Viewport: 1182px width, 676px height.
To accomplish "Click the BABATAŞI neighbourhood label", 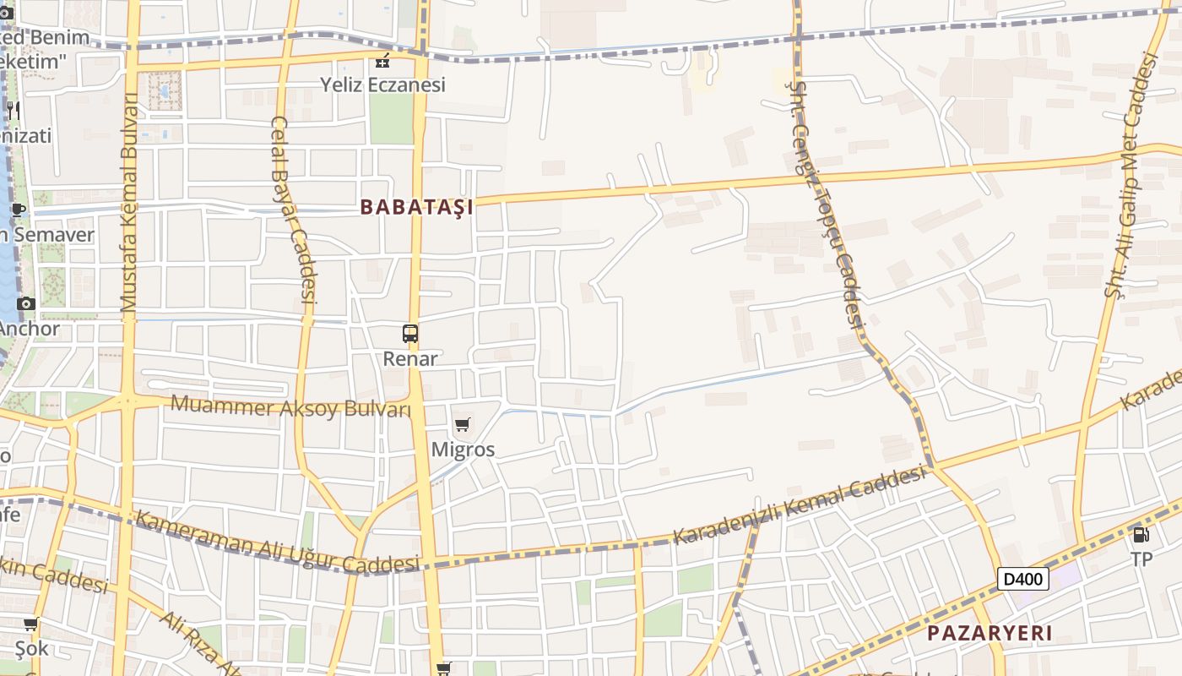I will pyautogui.click(x=416, y=207).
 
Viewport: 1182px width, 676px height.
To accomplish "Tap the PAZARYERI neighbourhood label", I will pyautogui.click(x=990, y=633).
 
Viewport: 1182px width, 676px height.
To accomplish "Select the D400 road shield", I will pyautogui.click(x=1023, y=579).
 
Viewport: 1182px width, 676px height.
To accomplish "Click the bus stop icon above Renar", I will pyautogui.click(x=410, y=334).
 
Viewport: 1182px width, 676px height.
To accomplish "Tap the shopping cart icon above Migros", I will pyautogui.click(x=462, y=425).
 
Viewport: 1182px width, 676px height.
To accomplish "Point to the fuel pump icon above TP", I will pyautogui.click(x=1141, y=534).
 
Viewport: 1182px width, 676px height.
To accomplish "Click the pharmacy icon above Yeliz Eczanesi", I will pyautogui.click(x=382, y=61).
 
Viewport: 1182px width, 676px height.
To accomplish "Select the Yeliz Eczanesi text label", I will pyautogui.click(x=382, y=84).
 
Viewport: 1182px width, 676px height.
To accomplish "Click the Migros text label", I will pyautogui.click(x=463, y=450).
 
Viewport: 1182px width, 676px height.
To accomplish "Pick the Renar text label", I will pyautogui.click(x=410, y=358).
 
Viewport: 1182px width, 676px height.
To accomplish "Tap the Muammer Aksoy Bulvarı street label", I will pyautogui.click(x=290, y=406).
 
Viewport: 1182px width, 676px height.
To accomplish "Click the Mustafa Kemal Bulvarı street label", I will pyautogui.click(x=129, y=203).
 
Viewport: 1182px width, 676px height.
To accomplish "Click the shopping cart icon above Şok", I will pyautogui.click(x=30, y=624).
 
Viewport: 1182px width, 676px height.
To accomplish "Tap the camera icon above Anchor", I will pyautogui.click(x=26, y=303).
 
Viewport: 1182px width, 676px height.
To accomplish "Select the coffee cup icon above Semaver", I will pyautogui.click(x=19, y=210).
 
